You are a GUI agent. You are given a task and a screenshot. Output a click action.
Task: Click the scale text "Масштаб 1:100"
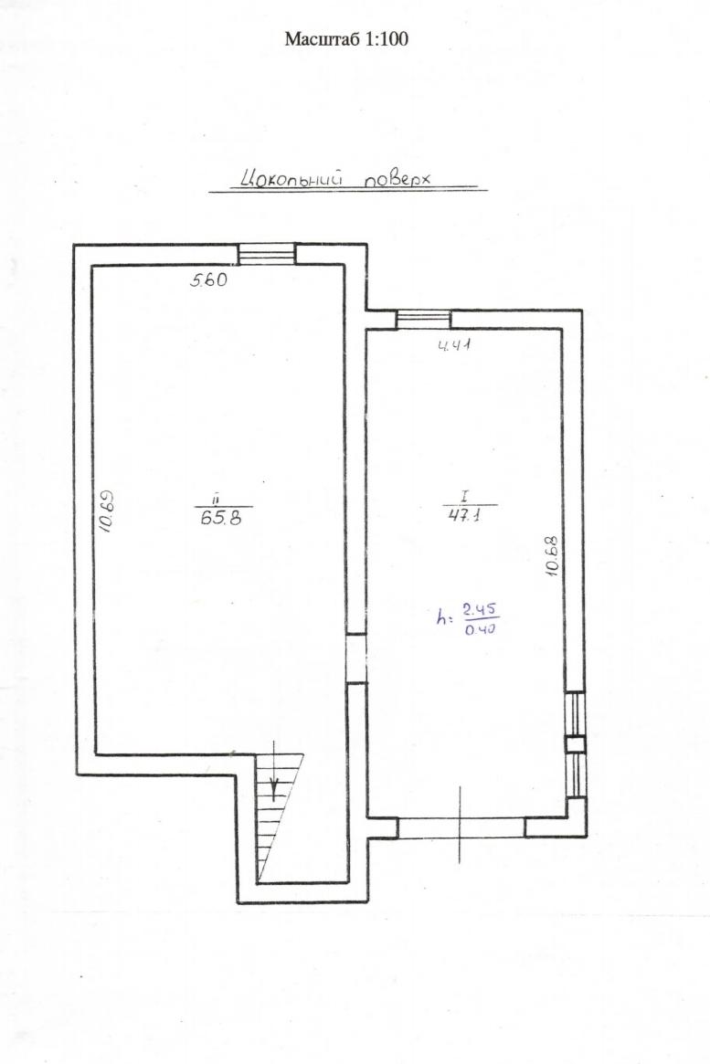point(346,38)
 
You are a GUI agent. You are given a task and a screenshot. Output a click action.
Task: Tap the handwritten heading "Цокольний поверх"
point(337,178)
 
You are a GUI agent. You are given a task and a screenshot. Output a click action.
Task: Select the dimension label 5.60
point(207,279)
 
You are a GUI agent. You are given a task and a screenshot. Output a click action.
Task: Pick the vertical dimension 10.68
point(552,556)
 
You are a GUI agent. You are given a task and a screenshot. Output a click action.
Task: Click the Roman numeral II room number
point(215,500)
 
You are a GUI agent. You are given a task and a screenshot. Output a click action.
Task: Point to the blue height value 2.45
point(481,608)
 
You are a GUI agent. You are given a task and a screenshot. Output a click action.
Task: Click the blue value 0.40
point(480,628)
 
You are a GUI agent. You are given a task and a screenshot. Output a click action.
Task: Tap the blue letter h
point(443,617)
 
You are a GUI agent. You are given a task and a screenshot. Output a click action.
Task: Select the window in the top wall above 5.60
point(268,255)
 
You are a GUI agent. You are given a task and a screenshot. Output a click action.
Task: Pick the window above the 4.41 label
point(424,320)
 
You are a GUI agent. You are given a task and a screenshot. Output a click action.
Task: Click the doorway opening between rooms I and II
point(356,658)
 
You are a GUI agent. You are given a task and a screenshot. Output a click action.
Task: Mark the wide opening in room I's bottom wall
point(461,827)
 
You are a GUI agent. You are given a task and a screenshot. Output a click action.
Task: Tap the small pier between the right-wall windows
point(575,744)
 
